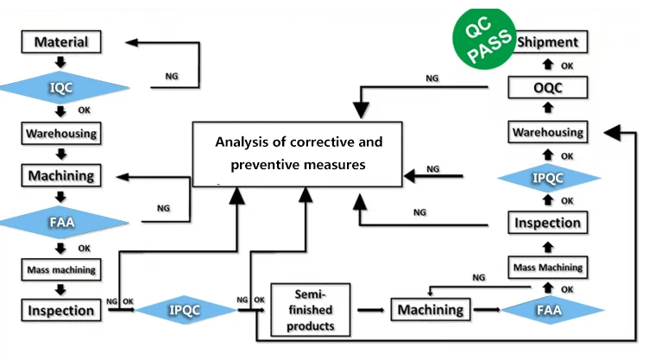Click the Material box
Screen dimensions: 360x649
(x=60, y=41)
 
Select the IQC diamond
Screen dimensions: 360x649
(x=60, y=87)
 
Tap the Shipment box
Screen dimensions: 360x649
(x=546, y=41)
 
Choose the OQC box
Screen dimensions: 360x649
(x=547, y=87)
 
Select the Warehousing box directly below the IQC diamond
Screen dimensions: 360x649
(x=60, y=134)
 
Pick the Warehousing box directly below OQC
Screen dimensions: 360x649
(x=547, y=132)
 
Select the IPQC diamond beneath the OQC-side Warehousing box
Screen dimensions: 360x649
(x=547, y=177)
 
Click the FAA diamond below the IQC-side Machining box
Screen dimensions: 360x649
(x=60, y=222)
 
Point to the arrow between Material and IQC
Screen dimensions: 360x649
(x=60, y=63)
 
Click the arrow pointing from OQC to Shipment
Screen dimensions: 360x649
(x=547, y=65)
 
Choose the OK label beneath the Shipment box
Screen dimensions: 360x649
(x=567, y=65)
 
